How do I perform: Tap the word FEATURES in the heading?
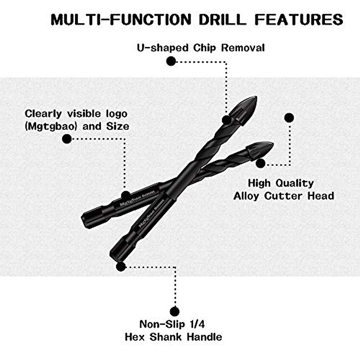pyautogui.click(x=298, y=19)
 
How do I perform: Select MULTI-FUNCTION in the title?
pyautogui.click(x=121, y=19)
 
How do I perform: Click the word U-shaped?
pyautogui.click(x=163, y=48)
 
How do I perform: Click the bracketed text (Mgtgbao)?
pyautogui.click(x=51, y=126)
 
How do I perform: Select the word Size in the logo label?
pyautogui.click(x=118, y=126)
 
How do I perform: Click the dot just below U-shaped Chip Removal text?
pyautogui.click(x=171, y=61)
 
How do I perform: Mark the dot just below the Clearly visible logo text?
pyautogui.click(x=67, y=139)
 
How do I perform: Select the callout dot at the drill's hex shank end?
pyautogui.click(x=121, y=266)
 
